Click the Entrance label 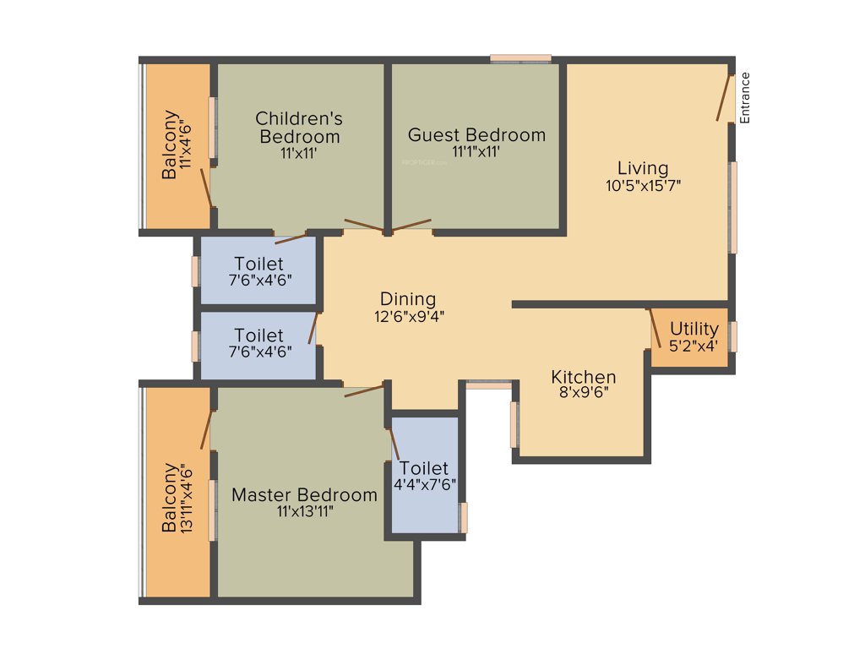click(745, 98)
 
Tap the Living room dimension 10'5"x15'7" click(643, 186)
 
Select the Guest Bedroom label click(476, 135)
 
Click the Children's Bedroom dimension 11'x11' click(299, 153)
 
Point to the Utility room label click(694, 329)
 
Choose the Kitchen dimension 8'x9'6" click(584, 392)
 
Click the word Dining click(408, 299)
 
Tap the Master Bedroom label click(304, 494)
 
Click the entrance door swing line click(724, 98)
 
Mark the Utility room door click(655, 328)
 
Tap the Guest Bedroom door click(411, 225)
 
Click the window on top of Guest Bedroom click(520, 58)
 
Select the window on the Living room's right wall click(733, 207)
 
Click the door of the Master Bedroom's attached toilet click(394, 444)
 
